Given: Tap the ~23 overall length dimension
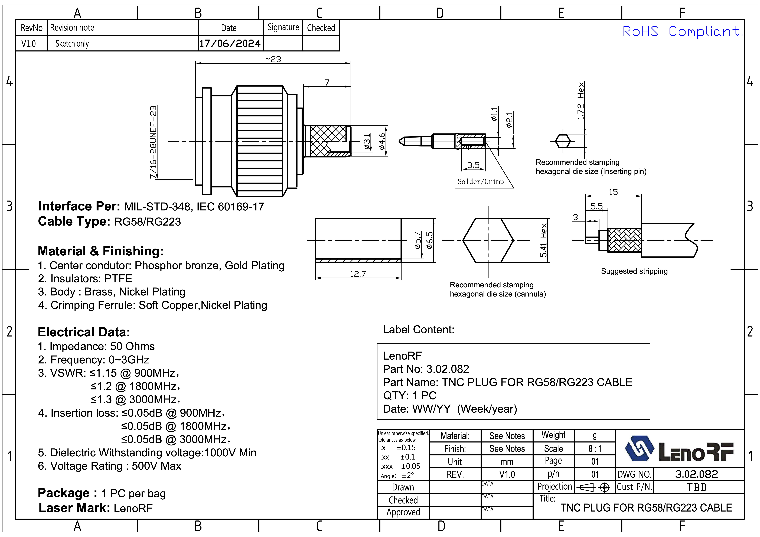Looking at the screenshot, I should coord(273,59).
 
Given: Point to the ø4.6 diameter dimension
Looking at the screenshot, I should coord(382,141).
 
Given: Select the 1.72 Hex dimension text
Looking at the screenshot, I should coord(581,101).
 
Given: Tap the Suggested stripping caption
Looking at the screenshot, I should coord(634,271).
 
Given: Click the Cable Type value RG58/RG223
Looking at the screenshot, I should coord(148,222).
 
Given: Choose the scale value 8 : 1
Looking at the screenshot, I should coord(595,449).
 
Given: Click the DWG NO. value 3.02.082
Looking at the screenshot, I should coord(696,474).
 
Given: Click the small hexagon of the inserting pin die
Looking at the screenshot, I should coord(563,141).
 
